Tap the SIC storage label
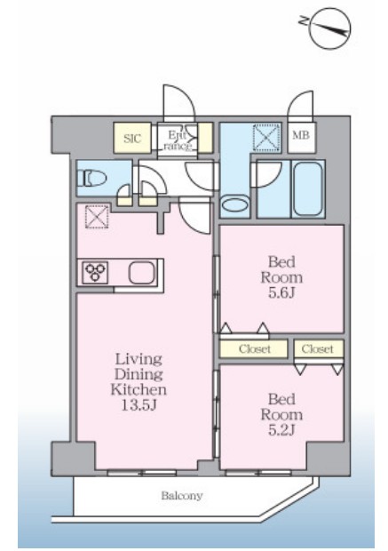[132, 139]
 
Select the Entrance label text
[178, 140]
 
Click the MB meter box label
[301, 135]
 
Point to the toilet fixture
[92, 178]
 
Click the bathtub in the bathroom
[308, 188]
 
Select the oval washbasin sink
[235, 205]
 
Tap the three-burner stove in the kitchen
[95, 272]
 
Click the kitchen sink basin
[141, 272]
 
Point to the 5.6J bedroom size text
[281, 292]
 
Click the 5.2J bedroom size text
[281, 430]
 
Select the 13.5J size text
[139, 405]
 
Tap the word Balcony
[182, 496]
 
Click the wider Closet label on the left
[255, 349]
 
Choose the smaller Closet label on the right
[317, 348]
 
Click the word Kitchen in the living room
[139, 389]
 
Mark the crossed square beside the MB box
[266, 137]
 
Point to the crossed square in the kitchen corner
[97, 217]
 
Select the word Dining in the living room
[139, 375]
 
